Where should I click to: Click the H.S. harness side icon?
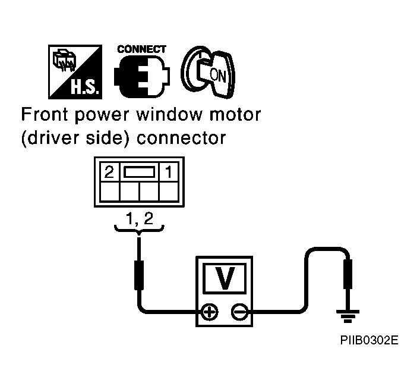point(75,72)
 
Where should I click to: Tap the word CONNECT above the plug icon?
point(142,49)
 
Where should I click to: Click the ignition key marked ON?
point(208,72)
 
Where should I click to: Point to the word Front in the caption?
point(45,115)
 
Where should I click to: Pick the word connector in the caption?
point(181,138)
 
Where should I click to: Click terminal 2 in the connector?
point(109,172)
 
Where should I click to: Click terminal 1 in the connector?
point(169,172)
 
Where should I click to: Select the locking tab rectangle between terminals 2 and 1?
point(139,172)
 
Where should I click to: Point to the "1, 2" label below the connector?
point(140,218)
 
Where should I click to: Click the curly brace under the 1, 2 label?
point(139,230)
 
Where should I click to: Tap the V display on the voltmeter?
point(225,278)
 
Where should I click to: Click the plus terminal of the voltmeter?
point(210,312)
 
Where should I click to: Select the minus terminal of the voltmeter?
point(239,312)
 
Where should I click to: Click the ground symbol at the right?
point(348,316)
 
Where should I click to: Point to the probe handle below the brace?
point(139,275)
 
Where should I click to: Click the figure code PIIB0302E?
point(369,340)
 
